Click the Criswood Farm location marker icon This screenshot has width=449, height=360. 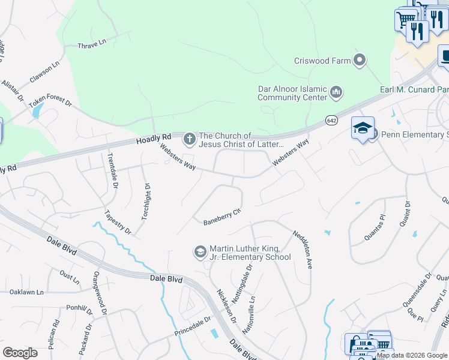pyautogui.click(x=360, y=60)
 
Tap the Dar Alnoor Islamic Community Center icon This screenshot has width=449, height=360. pyautogui.click(x=336, y=92)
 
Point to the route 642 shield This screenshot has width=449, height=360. pyautogui.click(x=331, y=120)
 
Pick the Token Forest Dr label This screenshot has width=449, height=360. pyautogui.click(x=50, y=102)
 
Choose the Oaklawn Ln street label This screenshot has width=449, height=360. pyautogui.click(x=27, y=292)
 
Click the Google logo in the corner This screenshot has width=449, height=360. pyautogui.click(x=20, y=353)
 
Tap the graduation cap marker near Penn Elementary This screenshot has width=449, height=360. pyautogui.click(x=363, y=128)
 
